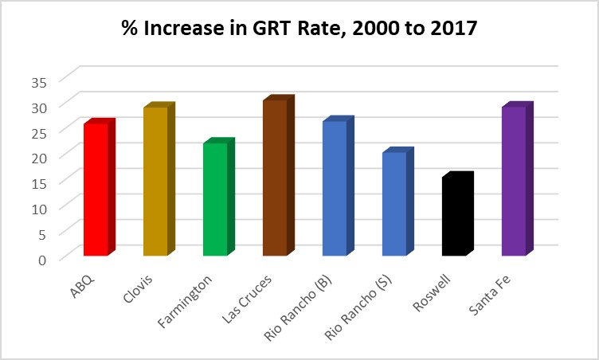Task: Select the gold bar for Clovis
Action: point(155,182)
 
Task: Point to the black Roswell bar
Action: point(454,216)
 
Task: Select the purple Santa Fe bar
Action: point(514,181)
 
